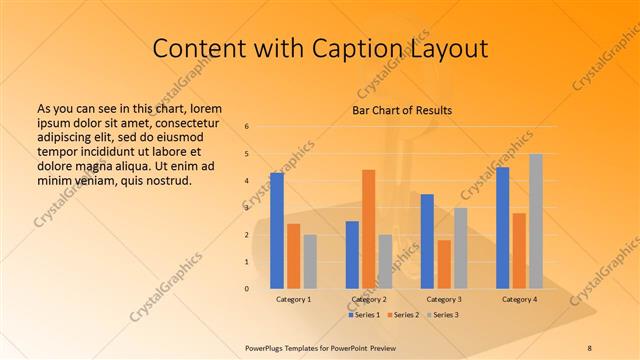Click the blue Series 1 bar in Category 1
click(x=277, y=230)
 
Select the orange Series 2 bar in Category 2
click(x=368, y=228)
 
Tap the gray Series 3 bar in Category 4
click(x=536, y=221)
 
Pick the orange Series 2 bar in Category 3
click(x=444, y=264)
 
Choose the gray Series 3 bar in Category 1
click(x=310, y=261)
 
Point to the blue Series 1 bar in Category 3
click(x=427, y=241)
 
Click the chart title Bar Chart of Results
click(x=402, y=110)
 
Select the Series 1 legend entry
click(x=364, y=315)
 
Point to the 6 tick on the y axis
click(x=247, y=127)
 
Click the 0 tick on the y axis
click(x=247, y=289)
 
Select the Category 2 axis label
click(x=369, y=299)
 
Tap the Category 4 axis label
click(x=519, y=299)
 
